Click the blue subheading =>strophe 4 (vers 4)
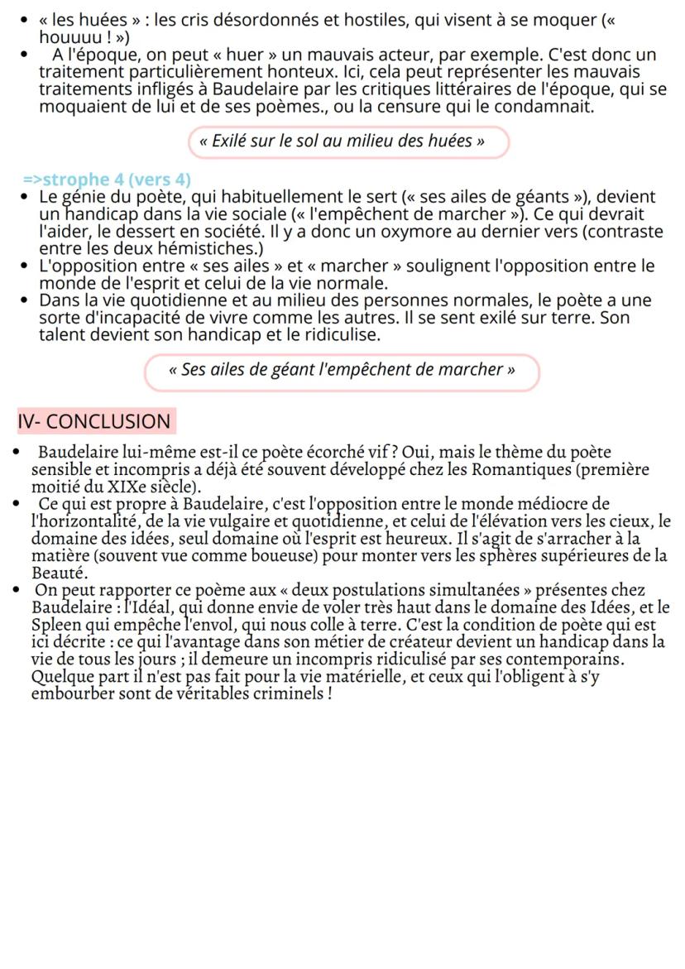107,180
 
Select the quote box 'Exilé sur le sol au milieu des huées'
347,141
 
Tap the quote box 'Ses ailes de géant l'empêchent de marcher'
342,370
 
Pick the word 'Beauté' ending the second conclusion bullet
58,573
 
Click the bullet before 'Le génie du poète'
26,197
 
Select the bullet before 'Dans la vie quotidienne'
26,300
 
